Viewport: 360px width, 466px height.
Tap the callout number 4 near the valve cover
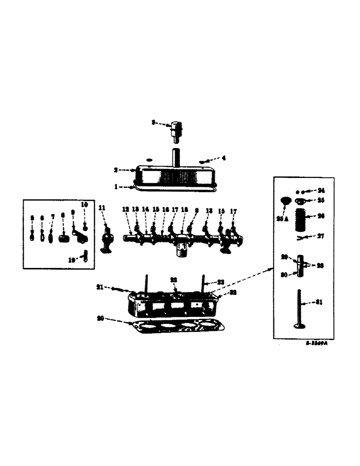tap(223, 158)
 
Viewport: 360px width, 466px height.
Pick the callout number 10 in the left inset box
tap(84, 205)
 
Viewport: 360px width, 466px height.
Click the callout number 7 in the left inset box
tap(53, 217)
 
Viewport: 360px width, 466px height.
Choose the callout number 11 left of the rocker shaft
tap(102, 207)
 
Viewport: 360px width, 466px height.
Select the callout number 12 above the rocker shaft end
tap(126, 210)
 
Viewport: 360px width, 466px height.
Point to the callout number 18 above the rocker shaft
tap(184, 210)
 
